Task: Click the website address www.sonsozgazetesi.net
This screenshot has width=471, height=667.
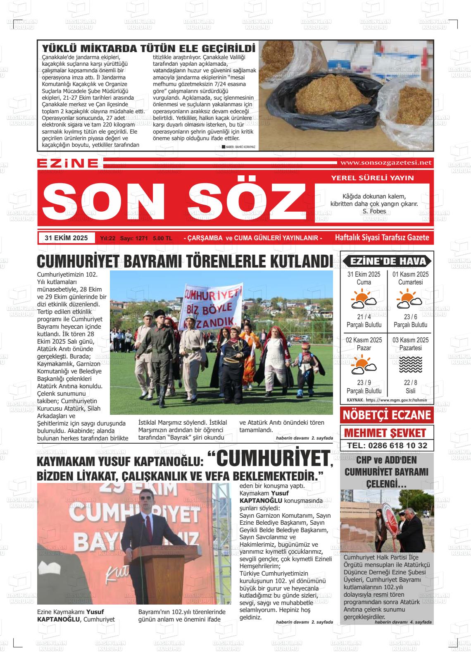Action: click(385, 163)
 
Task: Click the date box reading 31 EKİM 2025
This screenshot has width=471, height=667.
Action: click(66, 238)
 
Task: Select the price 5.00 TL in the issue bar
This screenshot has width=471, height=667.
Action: click(162, 239)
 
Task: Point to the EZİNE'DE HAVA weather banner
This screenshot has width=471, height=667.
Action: click(387, 261)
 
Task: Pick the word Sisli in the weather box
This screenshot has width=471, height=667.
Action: click(410, 391)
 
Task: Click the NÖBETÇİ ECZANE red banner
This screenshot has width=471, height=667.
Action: click(387, 415)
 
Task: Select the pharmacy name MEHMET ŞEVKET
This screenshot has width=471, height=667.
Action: click(385, 433)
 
